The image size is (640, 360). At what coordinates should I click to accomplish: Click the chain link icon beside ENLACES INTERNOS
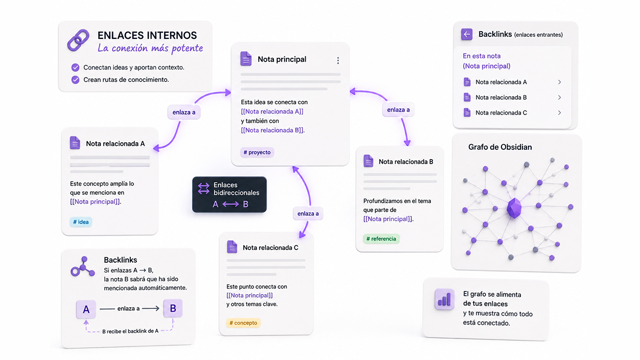tap(78, 40)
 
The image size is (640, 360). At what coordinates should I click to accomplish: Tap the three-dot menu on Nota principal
tap(338, 60)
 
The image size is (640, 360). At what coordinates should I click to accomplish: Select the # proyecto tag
tap(257, 152)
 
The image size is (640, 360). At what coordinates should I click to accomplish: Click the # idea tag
tap(81, 222)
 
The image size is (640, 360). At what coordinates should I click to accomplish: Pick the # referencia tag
tap(381, 239)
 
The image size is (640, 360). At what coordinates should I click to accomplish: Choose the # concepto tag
tap(243, 323)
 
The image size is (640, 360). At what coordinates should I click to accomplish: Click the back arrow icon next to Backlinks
tap(467, 34)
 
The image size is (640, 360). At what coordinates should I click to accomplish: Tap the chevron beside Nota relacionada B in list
tap(559, 98)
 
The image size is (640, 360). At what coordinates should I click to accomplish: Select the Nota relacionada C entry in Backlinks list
tap(501, 113)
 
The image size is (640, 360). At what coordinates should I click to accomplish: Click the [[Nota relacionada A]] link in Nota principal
tap(272, 111)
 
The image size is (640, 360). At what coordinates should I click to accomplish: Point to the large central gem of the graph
tap(514, 208)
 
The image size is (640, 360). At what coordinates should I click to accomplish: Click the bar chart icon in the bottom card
tap(444, 299)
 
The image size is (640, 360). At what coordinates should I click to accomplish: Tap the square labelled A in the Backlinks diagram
tap(86, 309)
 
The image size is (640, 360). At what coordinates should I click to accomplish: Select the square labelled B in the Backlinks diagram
tap(173, 308)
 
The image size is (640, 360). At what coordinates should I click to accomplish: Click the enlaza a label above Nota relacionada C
tap(308, 213)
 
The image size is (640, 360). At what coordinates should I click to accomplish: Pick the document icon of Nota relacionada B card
tap(368, 161)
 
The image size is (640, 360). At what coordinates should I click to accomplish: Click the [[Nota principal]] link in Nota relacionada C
tap(250, 296)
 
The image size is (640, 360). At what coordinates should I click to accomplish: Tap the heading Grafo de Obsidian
tap(500, 147)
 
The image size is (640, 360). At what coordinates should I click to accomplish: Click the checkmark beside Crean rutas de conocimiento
tap(76, 79)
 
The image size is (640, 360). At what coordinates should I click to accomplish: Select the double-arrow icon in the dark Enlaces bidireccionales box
tap(203, 189)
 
